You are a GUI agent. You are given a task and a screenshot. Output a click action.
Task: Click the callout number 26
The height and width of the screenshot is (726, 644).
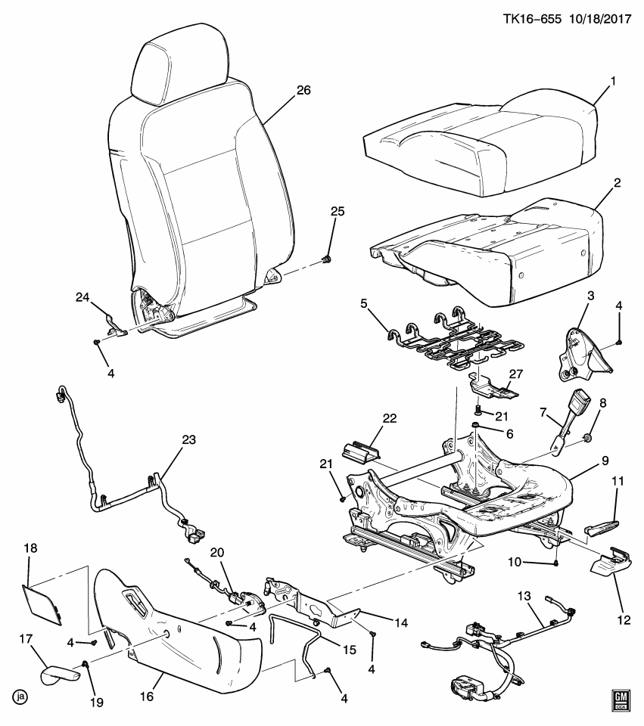303,90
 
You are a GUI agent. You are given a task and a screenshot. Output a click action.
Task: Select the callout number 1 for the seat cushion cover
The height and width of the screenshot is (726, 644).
614,81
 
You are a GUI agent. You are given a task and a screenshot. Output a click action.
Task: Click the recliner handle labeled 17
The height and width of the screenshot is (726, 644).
59,672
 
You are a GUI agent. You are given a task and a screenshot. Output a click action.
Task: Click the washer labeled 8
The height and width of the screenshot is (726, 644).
588,439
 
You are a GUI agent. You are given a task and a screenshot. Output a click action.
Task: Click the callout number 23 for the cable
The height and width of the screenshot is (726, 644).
188,439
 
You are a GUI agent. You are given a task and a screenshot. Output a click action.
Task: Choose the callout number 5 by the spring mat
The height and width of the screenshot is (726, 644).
363,303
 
